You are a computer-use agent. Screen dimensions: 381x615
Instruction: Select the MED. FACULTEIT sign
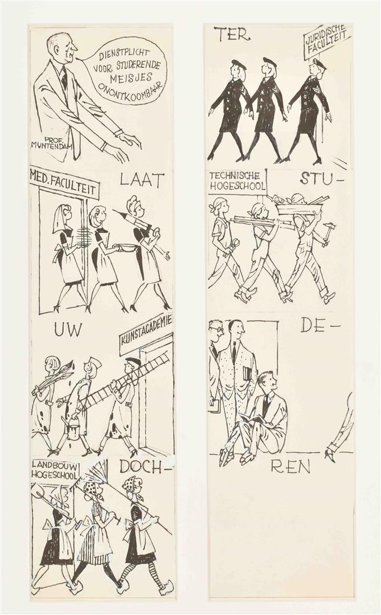tap(64, 183)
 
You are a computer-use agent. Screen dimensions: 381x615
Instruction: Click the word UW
tap(68, 330)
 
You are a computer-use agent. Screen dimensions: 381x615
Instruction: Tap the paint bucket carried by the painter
tap(73, 429)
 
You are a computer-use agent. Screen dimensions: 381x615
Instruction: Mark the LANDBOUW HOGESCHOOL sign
tap(55, 469)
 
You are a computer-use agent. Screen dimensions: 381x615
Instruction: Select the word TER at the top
tap(232, 34)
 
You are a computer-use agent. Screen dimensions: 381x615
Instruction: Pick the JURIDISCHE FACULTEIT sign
tap(326, 42)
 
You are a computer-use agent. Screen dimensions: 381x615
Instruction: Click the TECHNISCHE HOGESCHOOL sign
tap(237, 182)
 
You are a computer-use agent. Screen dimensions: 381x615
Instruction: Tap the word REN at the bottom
tap(290, 466)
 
